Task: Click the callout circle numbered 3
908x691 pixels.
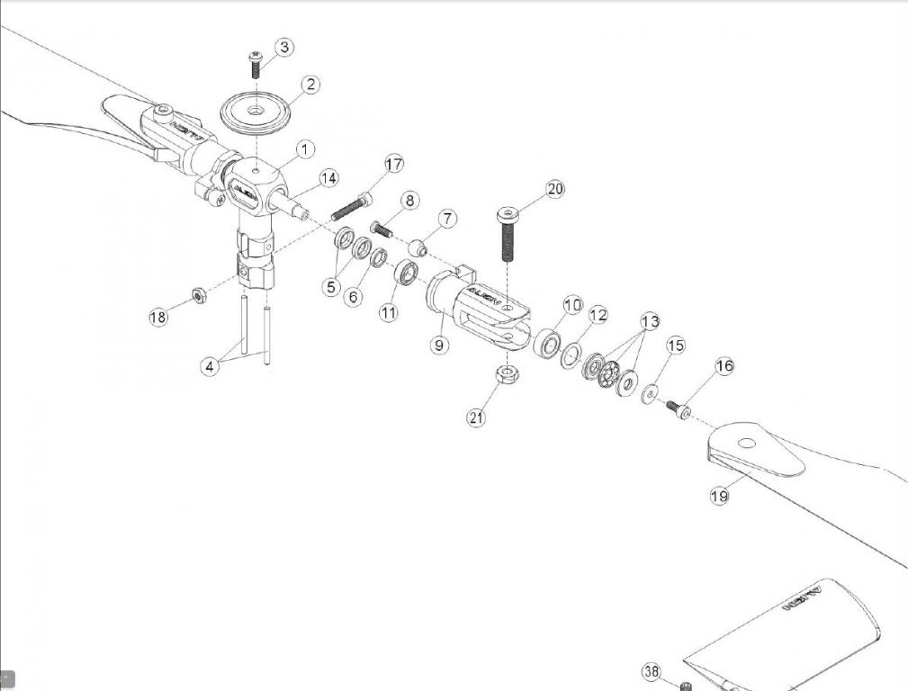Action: pos(283,47)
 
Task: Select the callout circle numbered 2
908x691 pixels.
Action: pos(310,85)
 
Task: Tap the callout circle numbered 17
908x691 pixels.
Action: pos(393,164)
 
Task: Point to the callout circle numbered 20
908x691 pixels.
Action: pos(555,189)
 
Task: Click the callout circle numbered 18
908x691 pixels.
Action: pos(158,317)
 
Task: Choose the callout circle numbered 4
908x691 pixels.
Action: pos(210,366)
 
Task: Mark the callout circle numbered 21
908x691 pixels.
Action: pos(476,417)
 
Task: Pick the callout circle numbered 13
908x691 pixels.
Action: pos(650,322)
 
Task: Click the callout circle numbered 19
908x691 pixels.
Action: pos(719,496)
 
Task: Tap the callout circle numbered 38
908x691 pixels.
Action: pos(652,671)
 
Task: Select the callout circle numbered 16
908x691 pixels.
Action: pos(724,365)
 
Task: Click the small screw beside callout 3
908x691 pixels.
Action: pos(255,64)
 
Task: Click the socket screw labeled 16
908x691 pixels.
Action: pos(680,409)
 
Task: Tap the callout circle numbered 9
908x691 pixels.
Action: pos(439,345)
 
